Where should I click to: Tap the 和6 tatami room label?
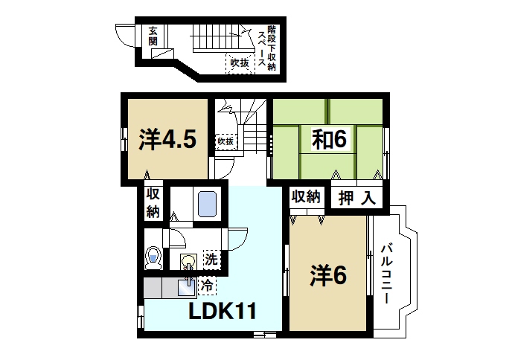coord(327,138)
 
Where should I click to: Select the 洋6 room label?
coord(328,276)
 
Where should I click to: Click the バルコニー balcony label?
coord(387,274)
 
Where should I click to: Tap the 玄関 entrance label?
coord(153,36)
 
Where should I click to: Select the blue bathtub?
coord(207,203)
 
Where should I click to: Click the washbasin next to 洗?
coord(187,260)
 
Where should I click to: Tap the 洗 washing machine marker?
coord(211,260)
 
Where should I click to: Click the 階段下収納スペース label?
coord(266,45)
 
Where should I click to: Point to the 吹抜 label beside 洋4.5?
coord(225,141)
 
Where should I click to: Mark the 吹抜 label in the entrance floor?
coord(239,64)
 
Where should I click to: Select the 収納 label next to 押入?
coord(306,197)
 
